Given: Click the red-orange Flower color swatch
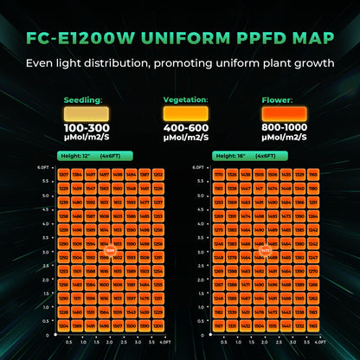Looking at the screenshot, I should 285,112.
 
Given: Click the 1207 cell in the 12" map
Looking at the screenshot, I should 63,174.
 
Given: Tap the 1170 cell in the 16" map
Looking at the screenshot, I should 218,174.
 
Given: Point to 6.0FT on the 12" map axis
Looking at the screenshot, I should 42,167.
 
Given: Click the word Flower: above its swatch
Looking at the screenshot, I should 278,100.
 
